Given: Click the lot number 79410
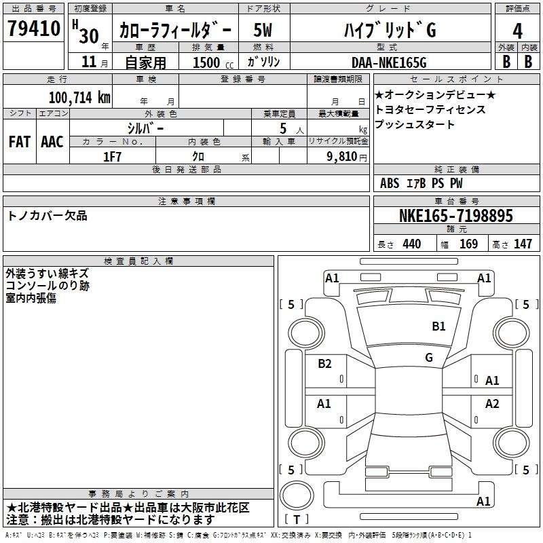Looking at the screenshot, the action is [33, 28].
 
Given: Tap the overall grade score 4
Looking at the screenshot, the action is [517, 31].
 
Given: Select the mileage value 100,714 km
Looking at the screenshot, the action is [79, 98].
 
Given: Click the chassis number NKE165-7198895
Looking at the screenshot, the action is [455, 215].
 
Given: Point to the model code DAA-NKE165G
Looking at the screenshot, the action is [389, 62].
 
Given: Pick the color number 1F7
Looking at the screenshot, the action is [112, 157].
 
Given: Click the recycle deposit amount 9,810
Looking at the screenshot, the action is [341, 157].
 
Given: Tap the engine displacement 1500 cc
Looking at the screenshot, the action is [213, 62].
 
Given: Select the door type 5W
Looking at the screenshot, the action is [263, 30].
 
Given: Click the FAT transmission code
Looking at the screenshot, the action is [20, 142].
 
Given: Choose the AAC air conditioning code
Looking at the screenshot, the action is [52, 142].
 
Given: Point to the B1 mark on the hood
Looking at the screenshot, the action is [438, 326].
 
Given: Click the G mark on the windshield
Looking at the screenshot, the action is [429, 357].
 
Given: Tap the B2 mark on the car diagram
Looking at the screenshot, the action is [324, 363].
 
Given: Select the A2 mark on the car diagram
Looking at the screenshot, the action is [491, 403].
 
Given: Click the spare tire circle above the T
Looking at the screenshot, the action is [297, 495].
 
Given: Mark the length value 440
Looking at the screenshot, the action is [412, 244].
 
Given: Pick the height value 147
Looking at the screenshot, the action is [523, 244].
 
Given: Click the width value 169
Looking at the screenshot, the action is [468, 244].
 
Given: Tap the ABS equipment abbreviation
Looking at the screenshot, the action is [390, 183].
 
